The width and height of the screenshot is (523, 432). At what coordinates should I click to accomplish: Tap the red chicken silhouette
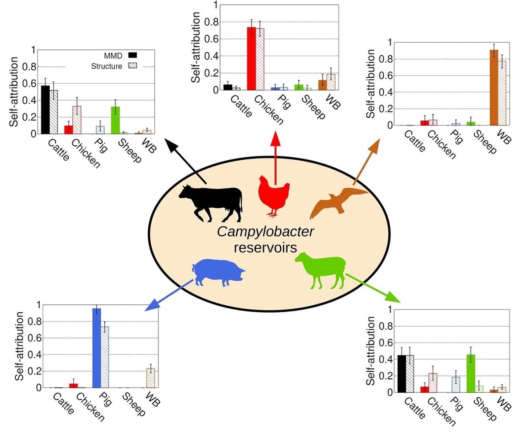pos(274,193)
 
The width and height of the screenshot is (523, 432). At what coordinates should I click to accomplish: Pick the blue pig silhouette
pos(218,273)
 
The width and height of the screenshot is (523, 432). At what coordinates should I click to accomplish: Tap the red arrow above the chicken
pos(275,157)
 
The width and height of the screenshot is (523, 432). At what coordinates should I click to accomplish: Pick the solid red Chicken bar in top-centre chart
pos(251,58)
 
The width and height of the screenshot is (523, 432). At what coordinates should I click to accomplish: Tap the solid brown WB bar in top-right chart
pos(494,88)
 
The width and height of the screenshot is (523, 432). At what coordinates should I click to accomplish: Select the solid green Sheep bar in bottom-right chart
pos(471,373)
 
